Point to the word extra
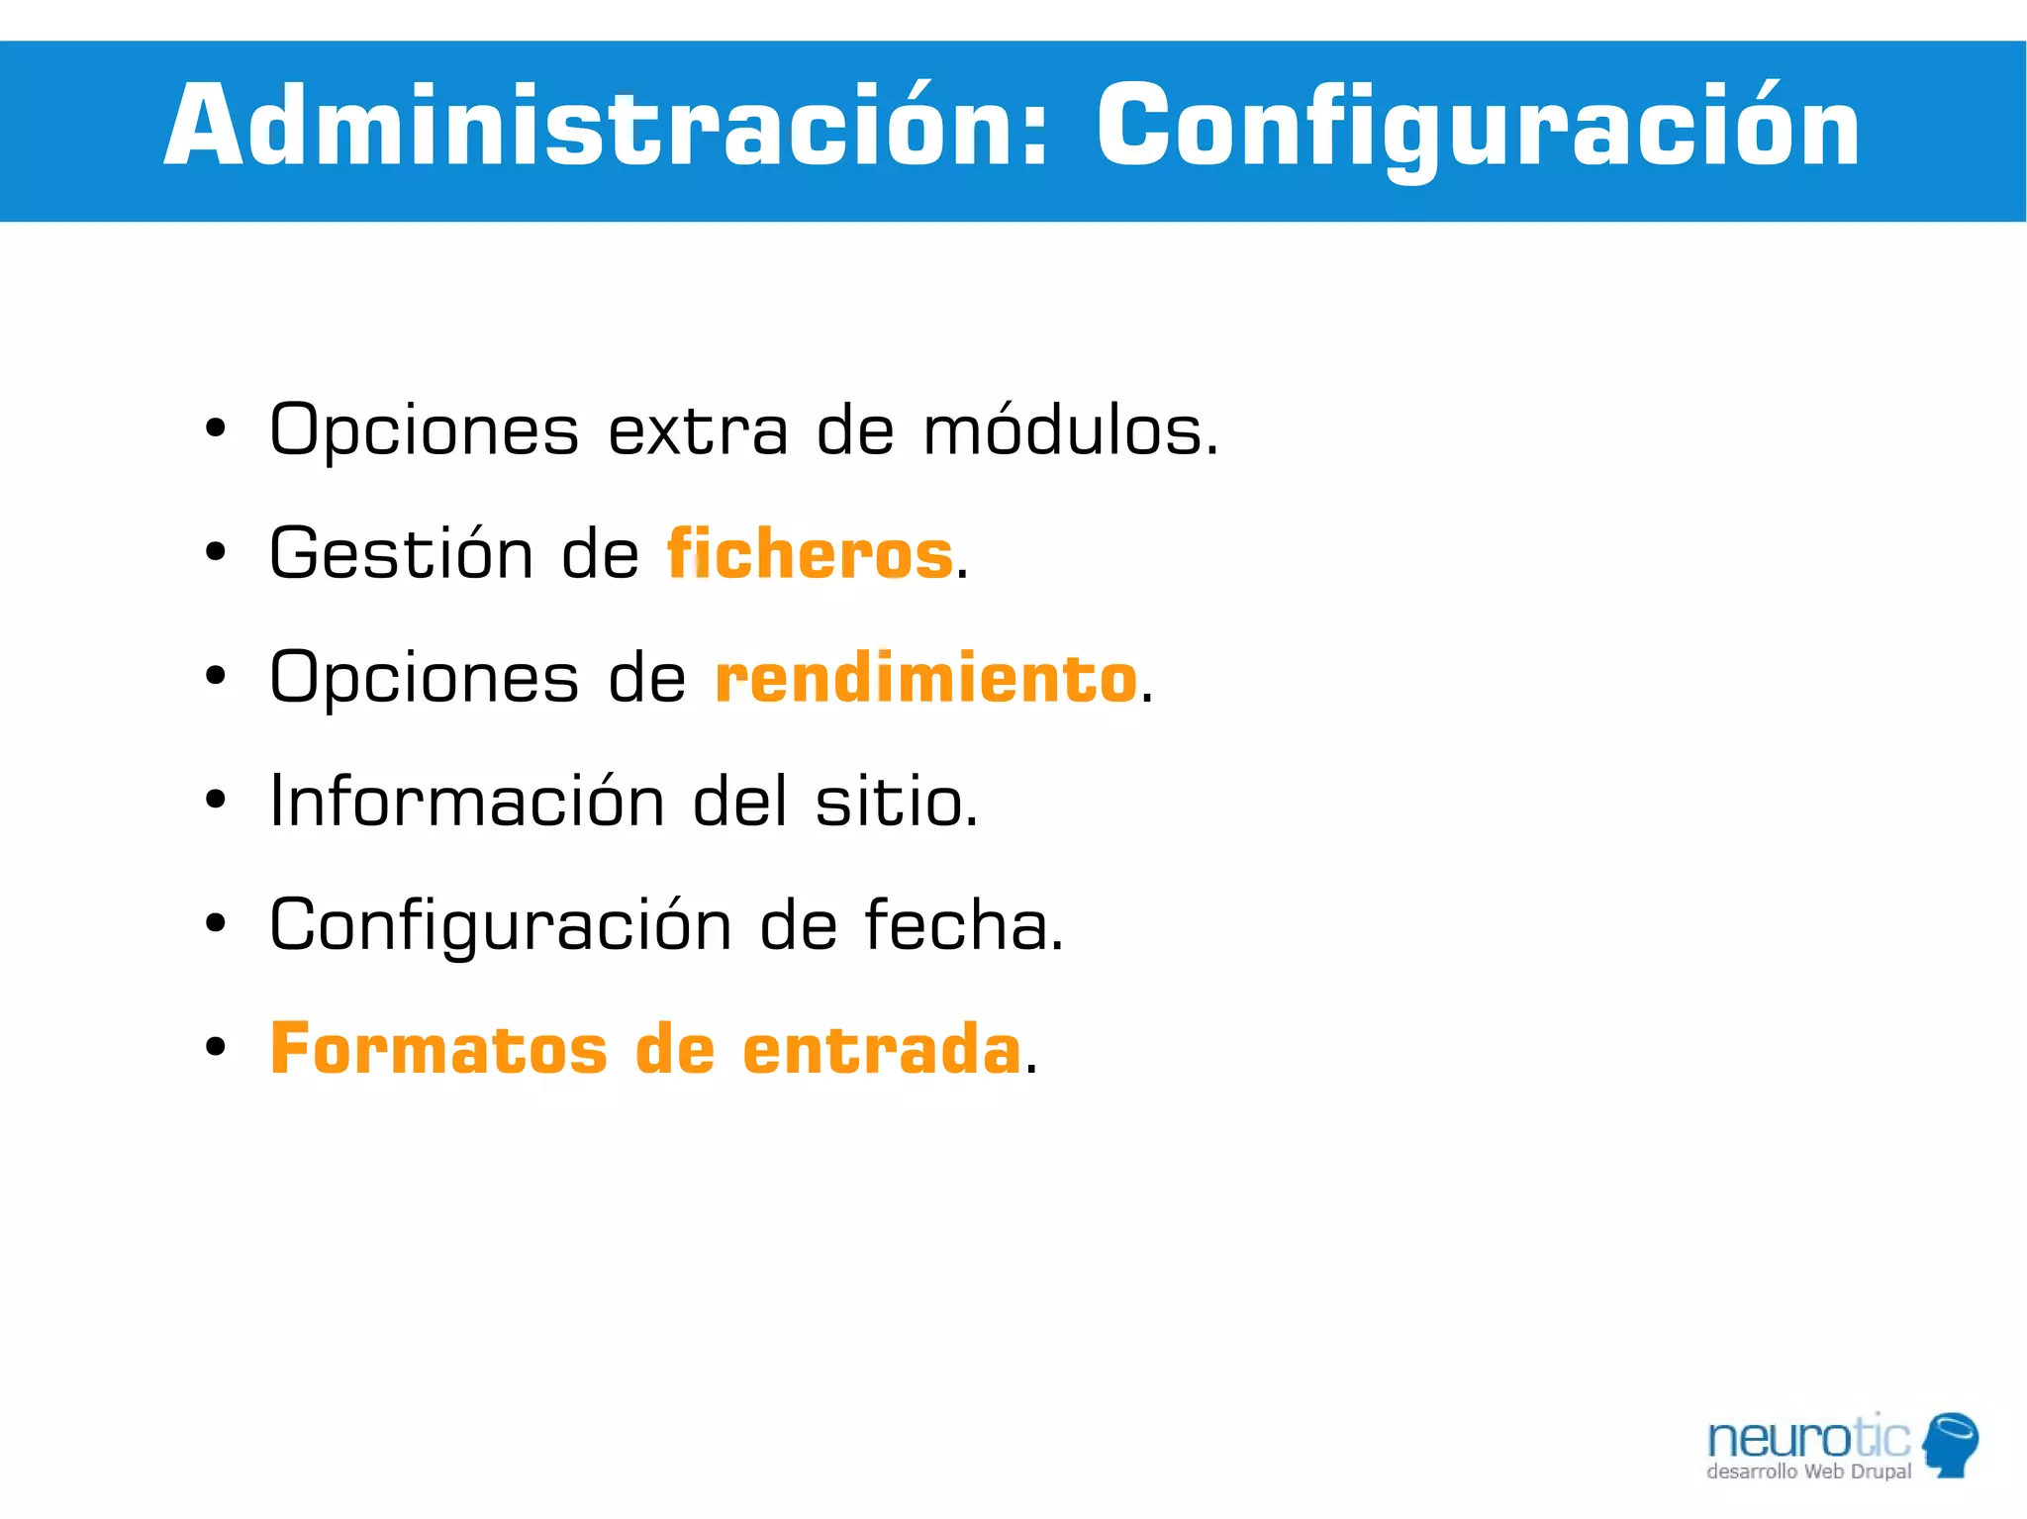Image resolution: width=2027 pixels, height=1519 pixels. (698, 433)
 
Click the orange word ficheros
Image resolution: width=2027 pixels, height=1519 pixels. (810, 554)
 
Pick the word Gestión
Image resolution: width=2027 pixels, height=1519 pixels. (402, 554)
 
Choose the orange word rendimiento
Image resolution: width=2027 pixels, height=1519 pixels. (925, 679)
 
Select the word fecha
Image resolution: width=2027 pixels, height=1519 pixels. (962, 925)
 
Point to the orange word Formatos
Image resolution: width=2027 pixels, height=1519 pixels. (438, 1049)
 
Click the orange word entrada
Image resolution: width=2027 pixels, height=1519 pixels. (881, 1049)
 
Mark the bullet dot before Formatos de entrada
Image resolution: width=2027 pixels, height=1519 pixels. (216, 1047)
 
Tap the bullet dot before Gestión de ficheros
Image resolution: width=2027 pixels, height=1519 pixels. (216, 552)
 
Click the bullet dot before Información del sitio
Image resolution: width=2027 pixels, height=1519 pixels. (216, 800)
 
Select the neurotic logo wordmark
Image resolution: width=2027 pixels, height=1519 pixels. (1808, 1438)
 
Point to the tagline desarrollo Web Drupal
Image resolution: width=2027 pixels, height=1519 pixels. (1808, 1472)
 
